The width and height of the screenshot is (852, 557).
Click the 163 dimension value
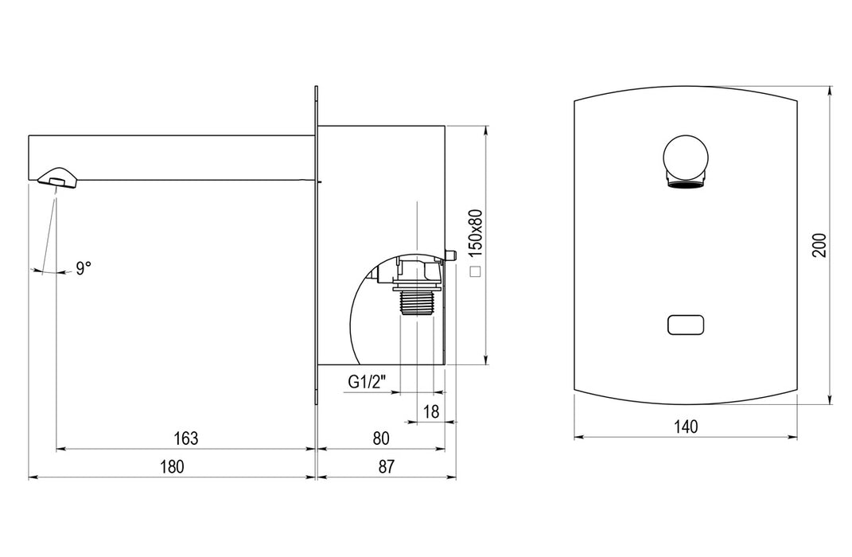coord(186,438)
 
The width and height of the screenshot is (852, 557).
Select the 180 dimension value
coord(173,466)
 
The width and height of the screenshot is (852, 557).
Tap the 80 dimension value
coord(381,438)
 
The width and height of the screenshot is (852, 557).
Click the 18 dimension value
coord(431,411)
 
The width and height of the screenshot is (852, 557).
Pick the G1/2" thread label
coord(368,382)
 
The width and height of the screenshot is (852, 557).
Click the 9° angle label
coord(84,268)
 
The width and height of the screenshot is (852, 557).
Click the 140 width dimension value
coord(686,427)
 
